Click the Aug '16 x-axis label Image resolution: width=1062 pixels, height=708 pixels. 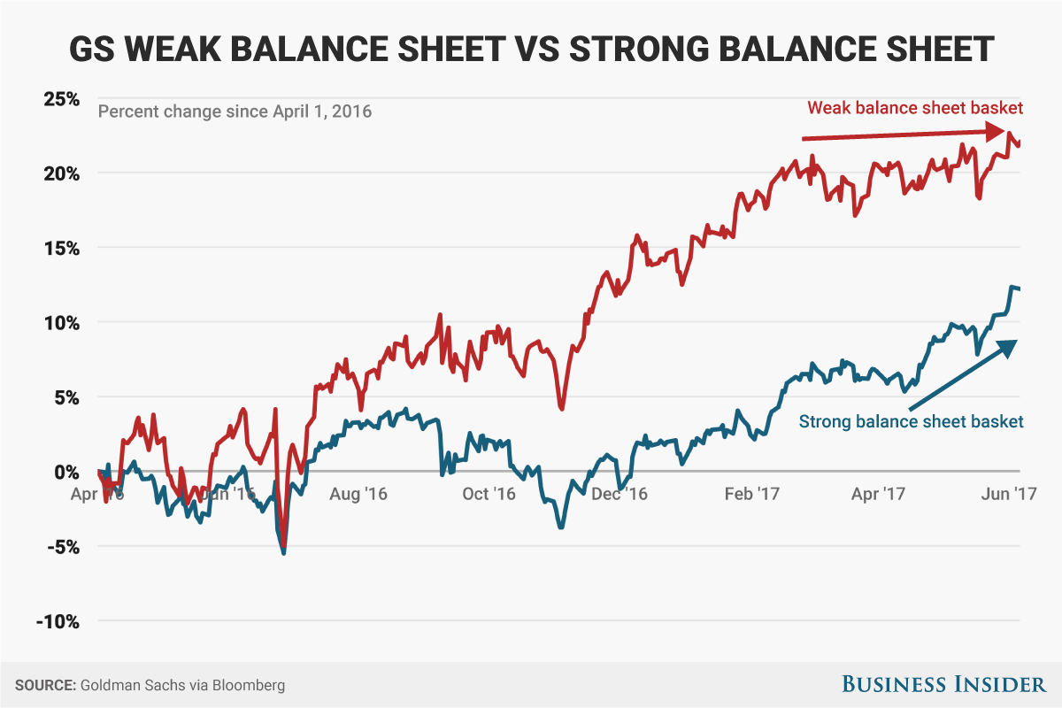tap(358, 494)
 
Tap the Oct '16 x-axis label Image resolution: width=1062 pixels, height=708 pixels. tap(489, 494)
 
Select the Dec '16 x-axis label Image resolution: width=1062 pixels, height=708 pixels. tap(620, 494)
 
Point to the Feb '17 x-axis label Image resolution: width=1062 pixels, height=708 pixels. tap(751, 494)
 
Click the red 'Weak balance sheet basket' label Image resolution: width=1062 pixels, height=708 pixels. tap(915, 108)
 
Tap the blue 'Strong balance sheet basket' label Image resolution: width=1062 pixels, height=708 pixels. tap(911, 421)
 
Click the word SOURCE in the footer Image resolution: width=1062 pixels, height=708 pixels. tap(44, 685)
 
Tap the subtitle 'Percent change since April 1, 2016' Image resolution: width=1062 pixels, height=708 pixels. tap(235, 112)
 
